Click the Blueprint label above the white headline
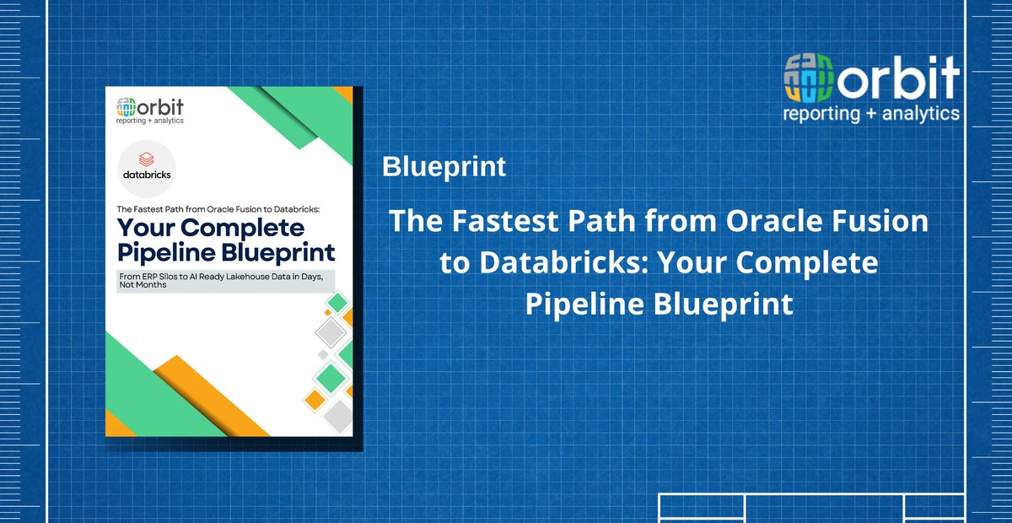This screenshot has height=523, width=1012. (x=444, y=167)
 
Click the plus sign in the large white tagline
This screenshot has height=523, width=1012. (x=870, y=113)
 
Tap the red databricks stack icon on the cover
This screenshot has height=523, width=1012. (x=148, y=158)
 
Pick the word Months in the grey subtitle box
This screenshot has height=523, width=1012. (x=153, y=286)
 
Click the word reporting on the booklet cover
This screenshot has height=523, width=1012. (x=134, y=121)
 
